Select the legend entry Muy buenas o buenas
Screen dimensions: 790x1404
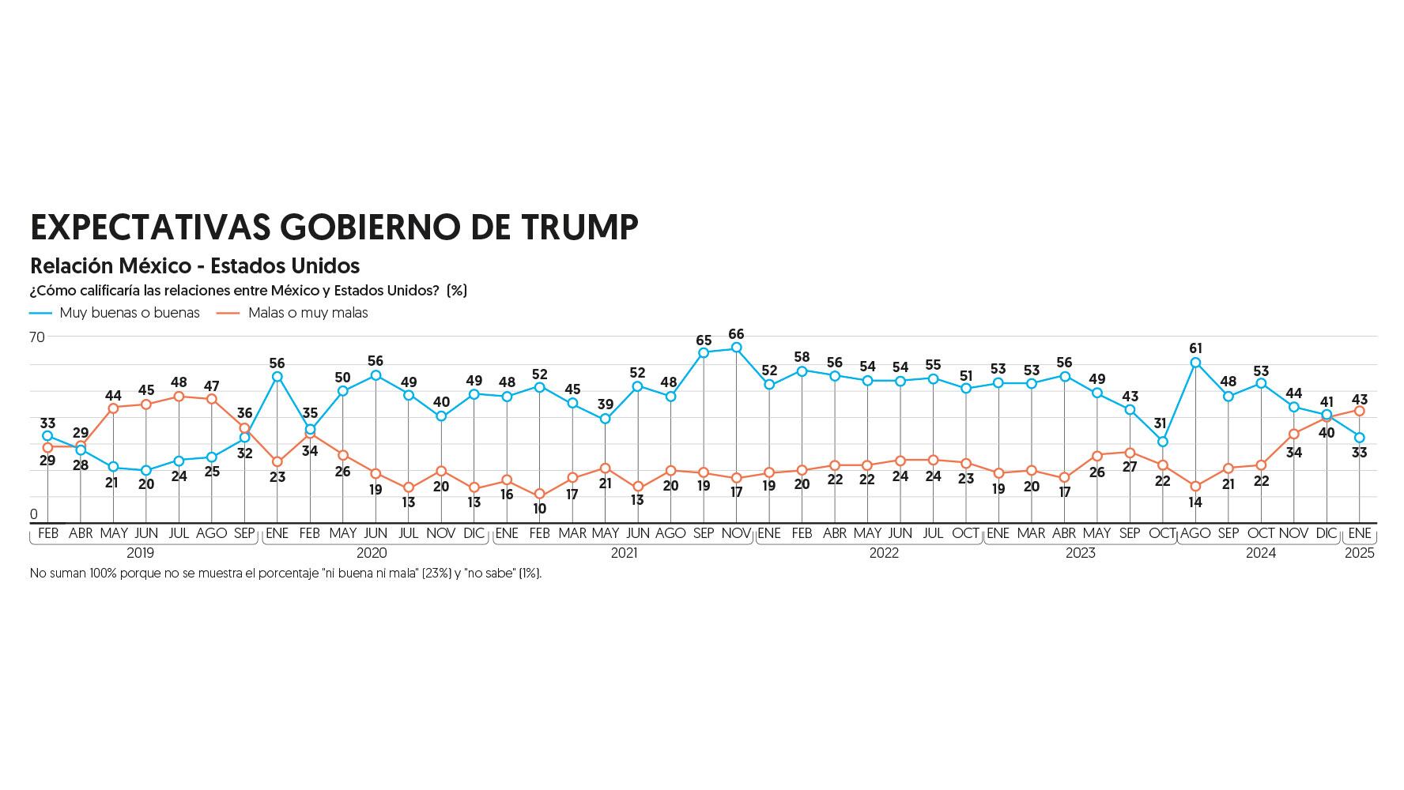pyautogui.click(x=130, y=313)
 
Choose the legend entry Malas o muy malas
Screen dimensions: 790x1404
pyautogui.click(x=308, y=313)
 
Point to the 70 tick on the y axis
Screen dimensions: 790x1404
pyautogui.click(x=37, y=337)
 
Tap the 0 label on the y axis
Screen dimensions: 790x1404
pyautogui.click(x=34, y=514)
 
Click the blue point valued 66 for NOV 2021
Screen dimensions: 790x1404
pyautogui.click(x=737, y=348)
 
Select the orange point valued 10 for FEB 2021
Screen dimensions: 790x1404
pyautogui.click(x=540, y=495)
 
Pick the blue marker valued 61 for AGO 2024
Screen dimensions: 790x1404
pyautogui.click(x=1195, y=363)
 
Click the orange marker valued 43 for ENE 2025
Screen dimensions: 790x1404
pyautogui.click(x=1360, y=411)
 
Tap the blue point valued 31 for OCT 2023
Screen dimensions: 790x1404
pyautogui.click(x=1163, y=442)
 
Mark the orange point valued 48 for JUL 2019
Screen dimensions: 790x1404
pyautogui.click(x=179, y=397)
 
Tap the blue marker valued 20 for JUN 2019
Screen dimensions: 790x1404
pyautogui.click(x=146, y=471)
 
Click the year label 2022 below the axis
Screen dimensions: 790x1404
pyautogui.click(x=884, y=553)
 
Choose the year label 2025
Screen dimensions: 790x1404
pyautogui.click(x=1360, y=553)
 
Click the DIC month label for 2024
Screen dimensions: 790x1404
pyautogui.click(x=1327, y=533)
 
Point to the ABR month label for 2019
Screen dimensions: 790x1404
pyautogui.click(x=81, y=533)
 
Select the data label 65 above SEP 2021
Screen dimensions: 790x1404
pyautogui.click(x=704, y=340)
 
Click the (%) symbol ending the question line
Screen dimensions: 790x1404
pyautogui.click(x=457, y=291)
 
